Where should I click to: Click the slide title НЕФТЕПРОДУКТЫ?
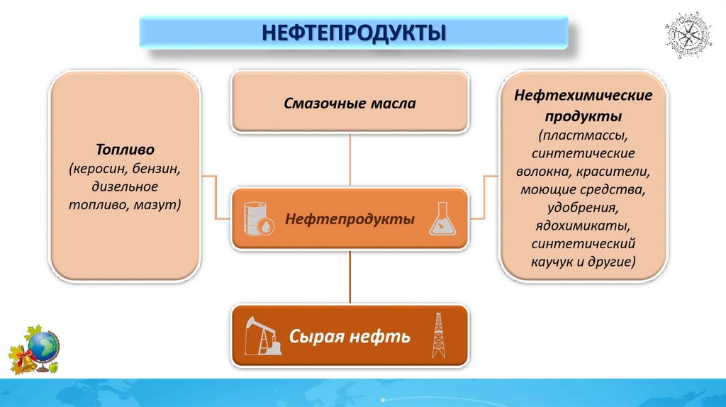point(354,33)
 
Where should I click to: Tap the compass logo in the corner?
point(690,35)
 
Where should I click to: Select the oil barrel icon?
point(257,218)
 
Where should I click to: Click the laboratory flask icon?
point(443,218)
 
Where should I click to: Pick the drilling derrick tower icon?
point(439,335)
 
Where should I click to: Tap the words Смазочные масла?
point(350,104)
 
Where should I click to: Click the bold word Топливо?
point(125,150)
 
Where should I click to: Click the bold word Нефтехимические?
point(583,95)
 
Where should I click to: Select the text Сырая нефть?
point(350,336)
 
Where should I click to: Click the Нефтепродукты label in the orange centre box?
point(350,219)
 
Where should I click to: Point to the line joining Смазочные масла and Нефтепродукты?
point(350,160)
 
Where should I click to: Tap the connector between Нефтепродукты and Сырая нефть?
point(350,277)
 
